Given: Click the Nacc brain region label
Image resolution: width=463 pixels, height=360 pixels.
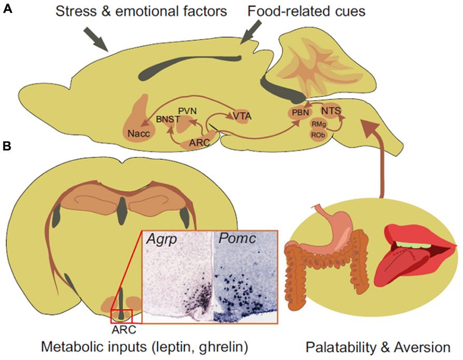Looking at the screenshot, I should point(138,134).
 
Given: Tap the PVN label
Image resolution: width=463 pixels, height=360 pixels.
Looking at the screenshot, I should point(186,110).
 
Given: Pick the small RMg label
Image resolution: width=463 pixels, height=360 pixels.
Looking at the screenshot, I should point(318,124).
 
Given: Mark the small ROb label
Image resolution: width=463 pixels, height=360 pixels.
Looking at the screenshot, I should point(318,134).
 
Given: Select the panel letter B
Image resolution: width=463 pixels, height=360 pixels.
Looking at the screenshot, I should point(7,147).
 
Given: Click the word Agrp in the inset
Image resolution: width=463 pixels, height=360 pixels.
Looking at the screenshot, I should point(161,240).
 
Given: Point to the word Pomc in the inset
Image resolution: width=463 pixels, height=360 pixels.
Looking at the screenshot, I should point(235,240).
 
